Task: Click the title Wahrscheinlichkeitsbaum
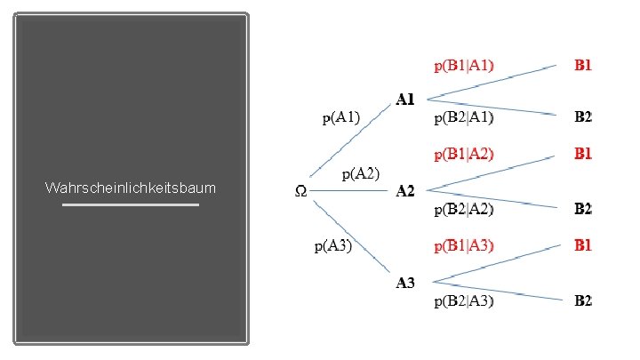point(130,188)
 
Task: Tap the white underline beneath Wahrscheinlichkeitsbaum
point(130,205)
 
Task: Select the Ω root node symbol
point(301,190)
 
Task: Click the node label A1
point(405,100)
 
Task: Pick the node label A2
point(405,190)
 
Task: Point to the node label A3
point(405,283)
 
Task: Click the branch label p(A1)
point(341,116)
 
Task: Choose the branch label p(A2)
point(361,173)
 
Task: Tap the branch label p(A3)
point(333,245)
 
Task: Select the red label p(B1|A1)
point(464,65)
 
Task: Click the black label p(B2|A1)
point(464,116)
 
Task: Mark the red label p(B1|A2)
point(464,154)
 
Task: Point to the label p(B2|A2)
point(464,210)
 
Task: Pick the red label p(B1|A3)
point(464,244)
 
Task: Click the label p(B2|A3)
point(464,301)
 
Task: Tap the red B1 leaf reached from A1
point(583,64)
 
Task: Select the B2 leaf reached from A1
point(583,116)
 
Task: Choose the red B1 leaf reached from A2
point(583,154)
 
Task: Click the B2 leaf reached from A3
point(583,300)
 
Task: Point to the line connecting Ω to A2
point(356,190)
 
